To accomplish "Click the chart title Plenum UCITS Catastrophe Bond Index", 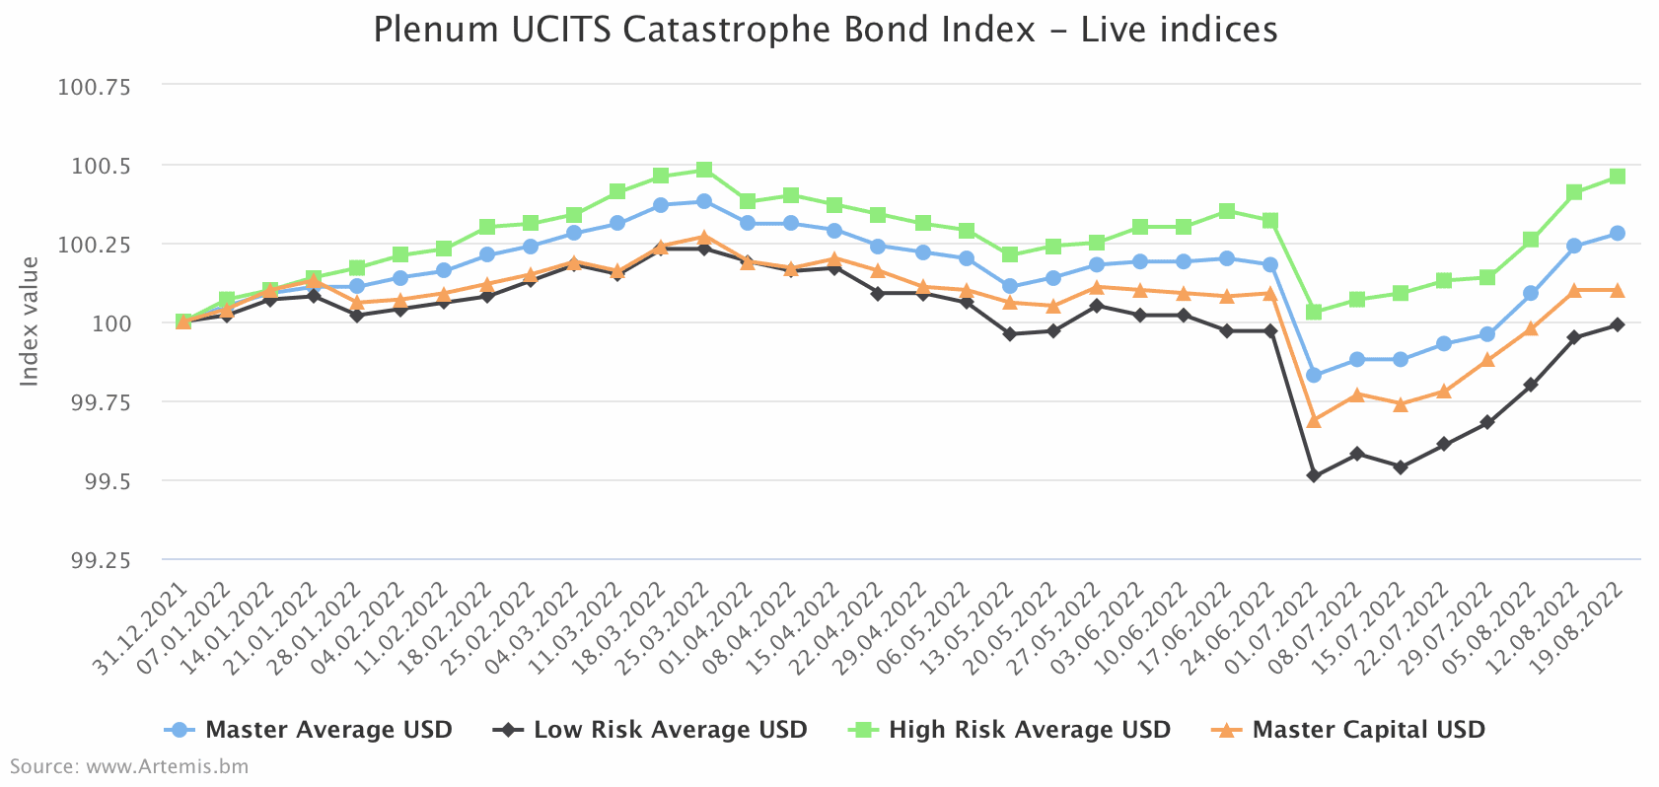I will pyautogui.click(x=825, y=30).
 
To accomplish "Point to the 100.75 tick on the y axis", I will pyautogui.click(x=95, y=87).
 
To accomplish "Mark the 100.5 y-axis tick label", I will pyautogui.click(x=101, y=166).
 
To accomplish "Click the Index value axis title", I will pyautogui.click(x=31, y=322).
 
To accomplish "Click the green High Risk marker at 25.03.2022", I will pyautogui.click(x=704, y=170).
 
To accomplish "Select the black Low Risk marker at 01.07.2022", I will pyautogui.click(x=1314, y=475).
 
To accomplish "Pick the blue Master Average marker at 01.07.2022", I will pyautogui.click(x=1314, y=375).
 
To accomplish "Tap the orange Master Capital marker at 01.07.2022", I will pyautogui.click(x=1314, y=421).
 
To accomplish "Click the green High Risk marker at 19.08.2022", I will pyautogui.click(x=1618, y=177).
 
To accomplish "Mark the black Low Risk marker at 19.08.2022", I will pyautogui.click(x=1618, y=324).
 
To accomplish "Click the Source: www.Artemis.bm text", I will pyautogui.click(x=129, y=766).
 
